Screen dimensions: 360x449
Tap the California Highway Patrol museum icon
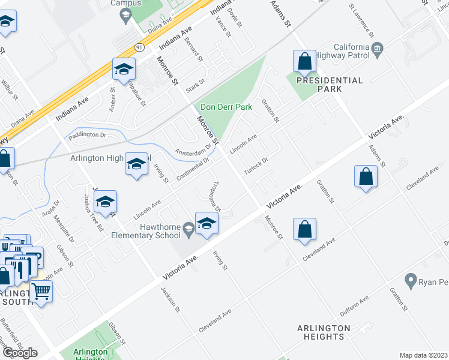(x=378, y=48)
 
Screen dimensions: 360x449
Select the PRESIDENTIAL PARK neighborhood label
(x=330, y=84)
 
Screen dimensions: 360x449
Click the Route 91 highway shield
(x=139, y=47)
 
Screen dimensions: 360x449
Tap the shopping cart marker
(x=41, y=291)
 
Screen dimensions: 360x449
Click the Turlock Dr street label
(x=255, y=167)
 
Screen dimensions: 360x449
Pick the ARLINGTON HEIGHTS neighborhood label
(x=324, y=332)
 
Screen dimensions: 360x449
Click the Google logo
(x=20, y=352)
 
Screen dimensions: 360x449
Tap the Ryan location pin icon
(x=411, y=280)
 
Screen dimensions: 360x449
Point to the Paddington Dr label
(x=86, y=135)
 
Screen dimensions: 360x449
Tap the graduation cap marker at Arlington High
(x=136, y=164)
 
